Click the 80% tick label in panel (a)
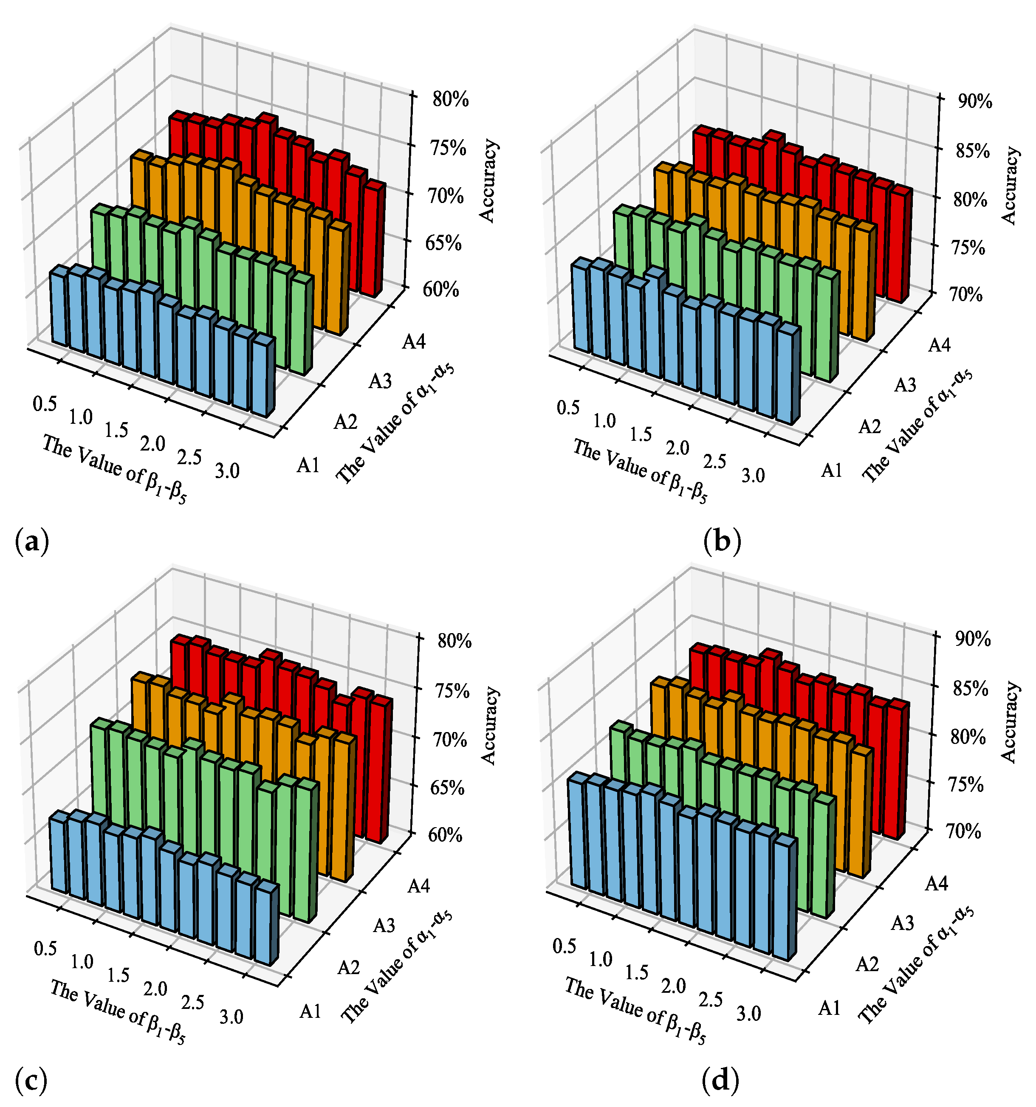coord(450,100)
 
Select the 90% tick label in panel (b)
coord(975,102)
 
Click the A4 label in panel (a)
coord(414,341)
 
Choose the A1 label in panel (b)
coord(832,471)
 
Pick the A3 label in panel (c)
coord(384,925)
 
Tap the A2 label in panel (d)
coord(867,964)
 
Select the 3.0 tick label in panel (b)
coord(753,476)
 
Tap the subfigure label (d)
coord(721,1080)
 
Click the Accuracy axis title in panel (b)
coord(1009,186)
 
